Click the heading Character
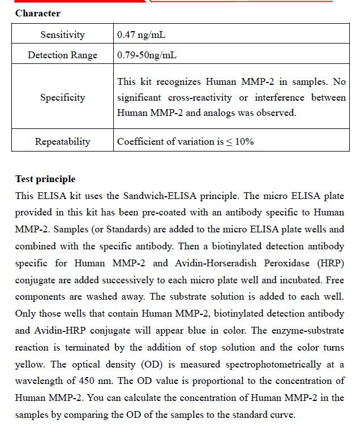tap(38, 13)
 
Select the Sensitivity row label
tap(62, 35)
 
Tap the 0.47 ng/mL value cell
tap(142, 35)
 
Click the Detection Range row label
tap(62, 55)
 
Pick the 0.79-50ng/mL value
tap(147, 55)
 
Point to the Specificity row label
tap(62, 97)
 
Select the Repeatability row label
tap(62, 141)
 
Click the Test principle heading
tap(45, 179)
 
